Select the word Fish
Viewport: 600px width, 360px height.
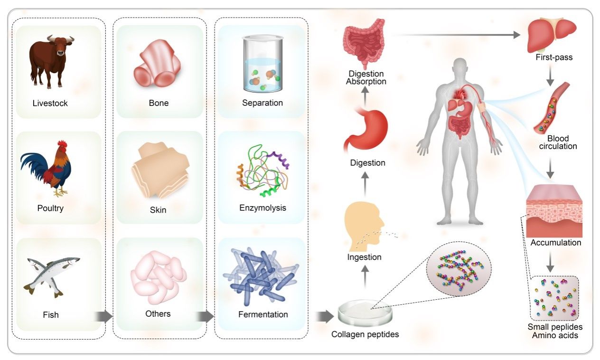pos(51,314)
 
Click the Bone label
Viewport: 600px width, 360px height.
pos(159,103)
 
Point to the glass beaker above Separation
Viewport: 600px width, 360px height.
pos(262,64)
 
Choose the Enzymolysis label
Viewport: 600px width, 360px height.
pos(262,208)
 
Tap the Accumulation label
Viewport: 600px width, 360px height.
pos(556,243)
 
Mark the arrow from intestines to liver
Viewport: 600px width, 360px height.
pos(456,35)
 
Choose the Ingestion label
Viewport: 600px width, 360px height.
pos(365,257)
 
